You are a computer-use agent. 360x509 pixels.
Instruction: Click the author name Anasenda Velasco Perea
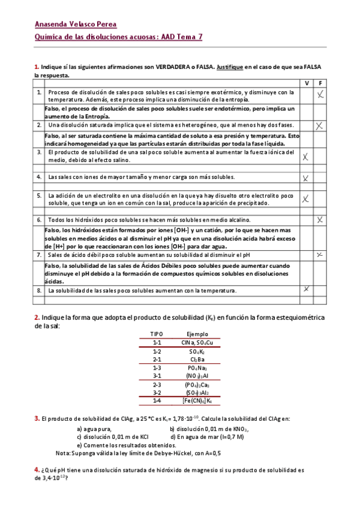(75, 25)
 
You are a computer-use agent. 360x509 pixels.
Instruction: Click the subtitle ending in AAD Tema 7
(118, 37)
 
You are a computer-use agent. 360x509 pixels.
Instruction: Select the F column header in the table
(321, 83)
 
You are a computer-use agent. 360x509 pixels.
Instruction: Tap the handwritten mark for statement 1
(321, 94)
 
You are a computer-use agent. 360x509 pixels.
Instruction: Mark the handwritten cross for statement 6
(320, 220)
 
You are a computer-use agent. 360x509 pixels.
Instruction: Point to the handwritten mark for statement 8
(306, 289)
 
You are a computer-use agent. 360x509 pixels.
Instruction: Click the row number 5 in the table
(38, 196)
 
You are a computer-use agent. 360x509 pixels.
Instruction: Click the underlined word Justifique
(229, 68)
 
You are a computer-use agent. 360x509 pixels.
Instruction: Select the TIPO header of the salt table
(157, 334)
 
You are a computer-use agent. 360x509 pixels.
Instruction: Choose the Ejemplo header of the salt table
(197, 334)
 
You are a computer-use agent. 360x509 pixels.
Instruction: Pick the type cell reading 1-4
(157, 400)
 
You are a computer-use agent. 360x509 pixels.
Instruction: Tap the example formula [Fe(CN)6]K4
(197, 400)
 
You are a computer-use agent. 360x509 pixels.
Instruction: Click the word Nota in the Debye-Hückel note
(62, 453)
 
